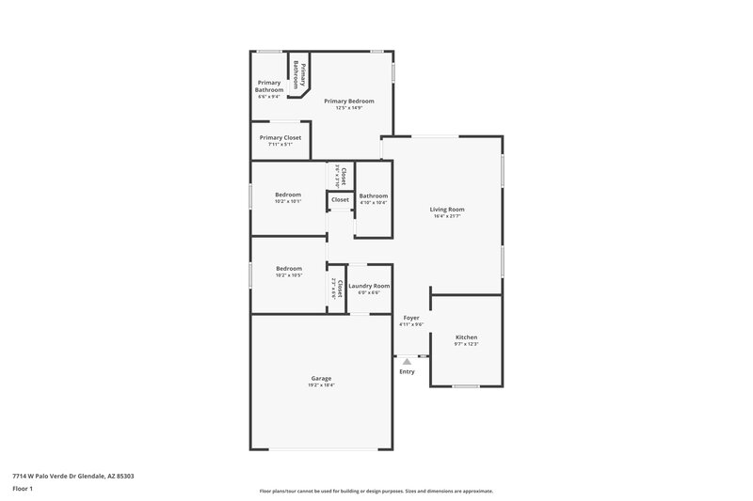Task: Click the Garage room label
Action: tap(321, 378)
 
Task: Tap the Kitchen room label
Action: tap(466, 337)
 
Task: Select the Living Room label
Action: tap(447, 209)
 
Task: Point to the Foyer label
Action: tap(411, 318)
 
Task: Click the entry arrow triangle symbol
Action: tap(407, 360)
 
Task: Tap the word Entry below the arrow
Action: tap(407, 371)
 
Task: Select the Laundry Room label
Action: tap(369, 285)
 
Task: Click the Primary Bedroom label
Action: tap(348, 101)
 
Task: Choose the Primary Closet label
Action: tap(280, 137)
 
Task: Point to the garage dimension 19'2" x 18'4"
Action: tap(321, 385)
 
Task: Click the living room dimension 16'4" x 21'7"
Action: tap(447, 216)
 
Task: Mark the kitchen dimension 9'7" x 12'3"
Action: tap(466, 344)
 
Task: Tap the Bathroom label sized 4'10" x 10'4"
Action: tap(374, 195)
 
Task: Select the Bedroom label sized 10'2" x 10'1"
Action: tap(288, 195)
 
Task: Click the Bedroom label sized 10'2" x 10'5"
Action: tap(288, 268)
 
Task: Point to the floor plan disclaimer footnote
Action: tap(376, 491)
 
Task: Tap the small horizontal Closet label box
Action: tap(340, 199)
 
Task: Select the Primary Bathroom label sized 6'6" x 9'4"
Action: tap(269, 86)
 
